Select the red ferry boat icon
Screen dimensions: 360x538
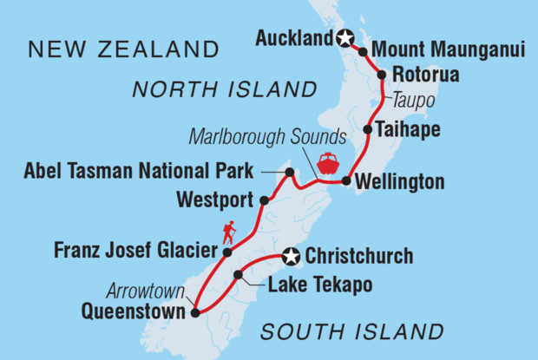[x=329, y=163]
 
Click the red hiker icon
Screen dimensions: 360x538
[x=229, y=232]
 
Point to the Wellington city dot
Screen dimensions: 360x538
[x=346, y=182]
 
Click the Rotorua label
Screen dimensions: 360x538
[x=425, y=75]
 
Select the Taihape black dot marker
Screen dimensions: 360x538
[x=368, y=130]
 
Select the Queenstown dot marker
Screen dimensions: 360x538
[x=196, y=313]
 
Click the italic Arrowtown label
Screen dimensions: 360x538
[x=142, y=291]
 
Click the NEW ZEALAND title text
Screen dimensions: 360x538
[x=124, y=49]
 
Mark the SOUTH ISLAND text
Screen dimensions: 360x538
[x=352, y=331]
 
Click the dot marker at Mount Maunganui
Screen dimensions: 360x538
[x=363, y=52]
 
